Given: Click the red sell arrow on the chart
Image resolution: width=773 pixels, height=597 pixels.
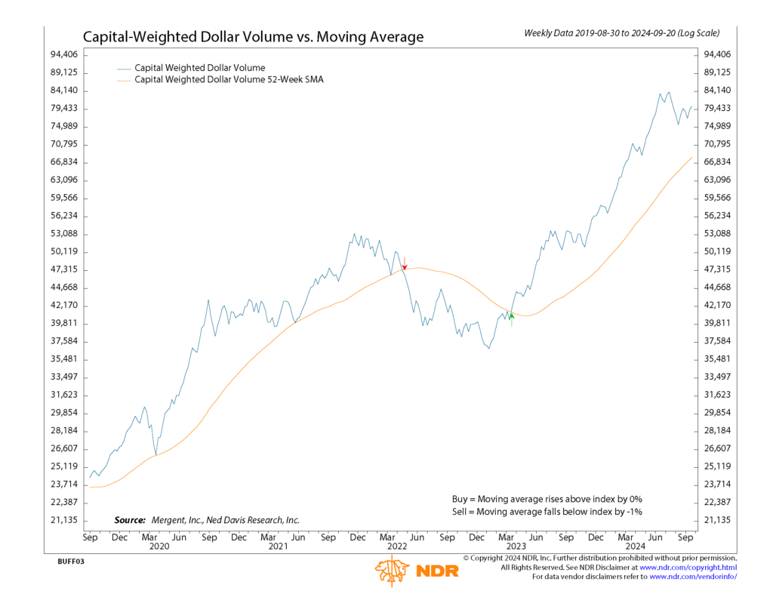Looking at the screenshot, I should [x=405, y=263].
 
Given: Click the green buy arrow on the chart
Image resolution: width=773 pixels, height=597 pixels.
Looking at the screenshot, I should [x=512, y=318].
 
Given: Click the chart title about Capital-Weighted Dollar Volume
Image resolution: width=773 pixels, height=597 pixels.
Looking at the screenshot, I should [x=253, y=36].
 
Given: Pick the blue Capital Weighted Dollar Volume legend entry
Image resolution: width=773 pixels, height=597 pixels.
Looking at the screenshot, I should [x=199, y=68].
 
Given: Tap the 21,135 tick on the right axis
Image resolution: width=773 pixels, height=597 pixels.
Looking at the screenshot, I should [x=716, y=520].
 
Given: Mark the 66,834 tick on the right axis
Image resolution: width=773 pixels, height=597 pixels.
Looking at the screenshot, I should [x=716, y=162].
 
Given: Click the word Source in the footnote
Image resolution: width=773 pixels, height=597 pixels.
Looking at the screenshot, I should [x=129, y=520].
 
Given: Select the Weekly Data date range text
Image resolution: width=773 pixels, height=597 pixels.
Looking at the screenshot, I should [x=621, y=33].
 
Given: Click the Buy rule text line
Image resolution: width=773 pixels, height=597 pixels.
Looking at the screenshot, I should [x=547, y=499].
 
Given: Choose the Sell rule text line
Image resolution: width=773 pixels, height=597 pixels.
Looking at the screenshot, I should [x=547, y=512].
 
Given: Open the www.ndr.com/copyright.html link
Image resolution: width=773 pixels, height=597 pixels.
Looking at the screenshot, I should [x=688, y=567].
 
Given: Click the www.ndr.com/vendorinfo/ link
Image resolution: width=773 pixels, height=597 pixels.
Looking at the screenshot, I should [x=692, y=577].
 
